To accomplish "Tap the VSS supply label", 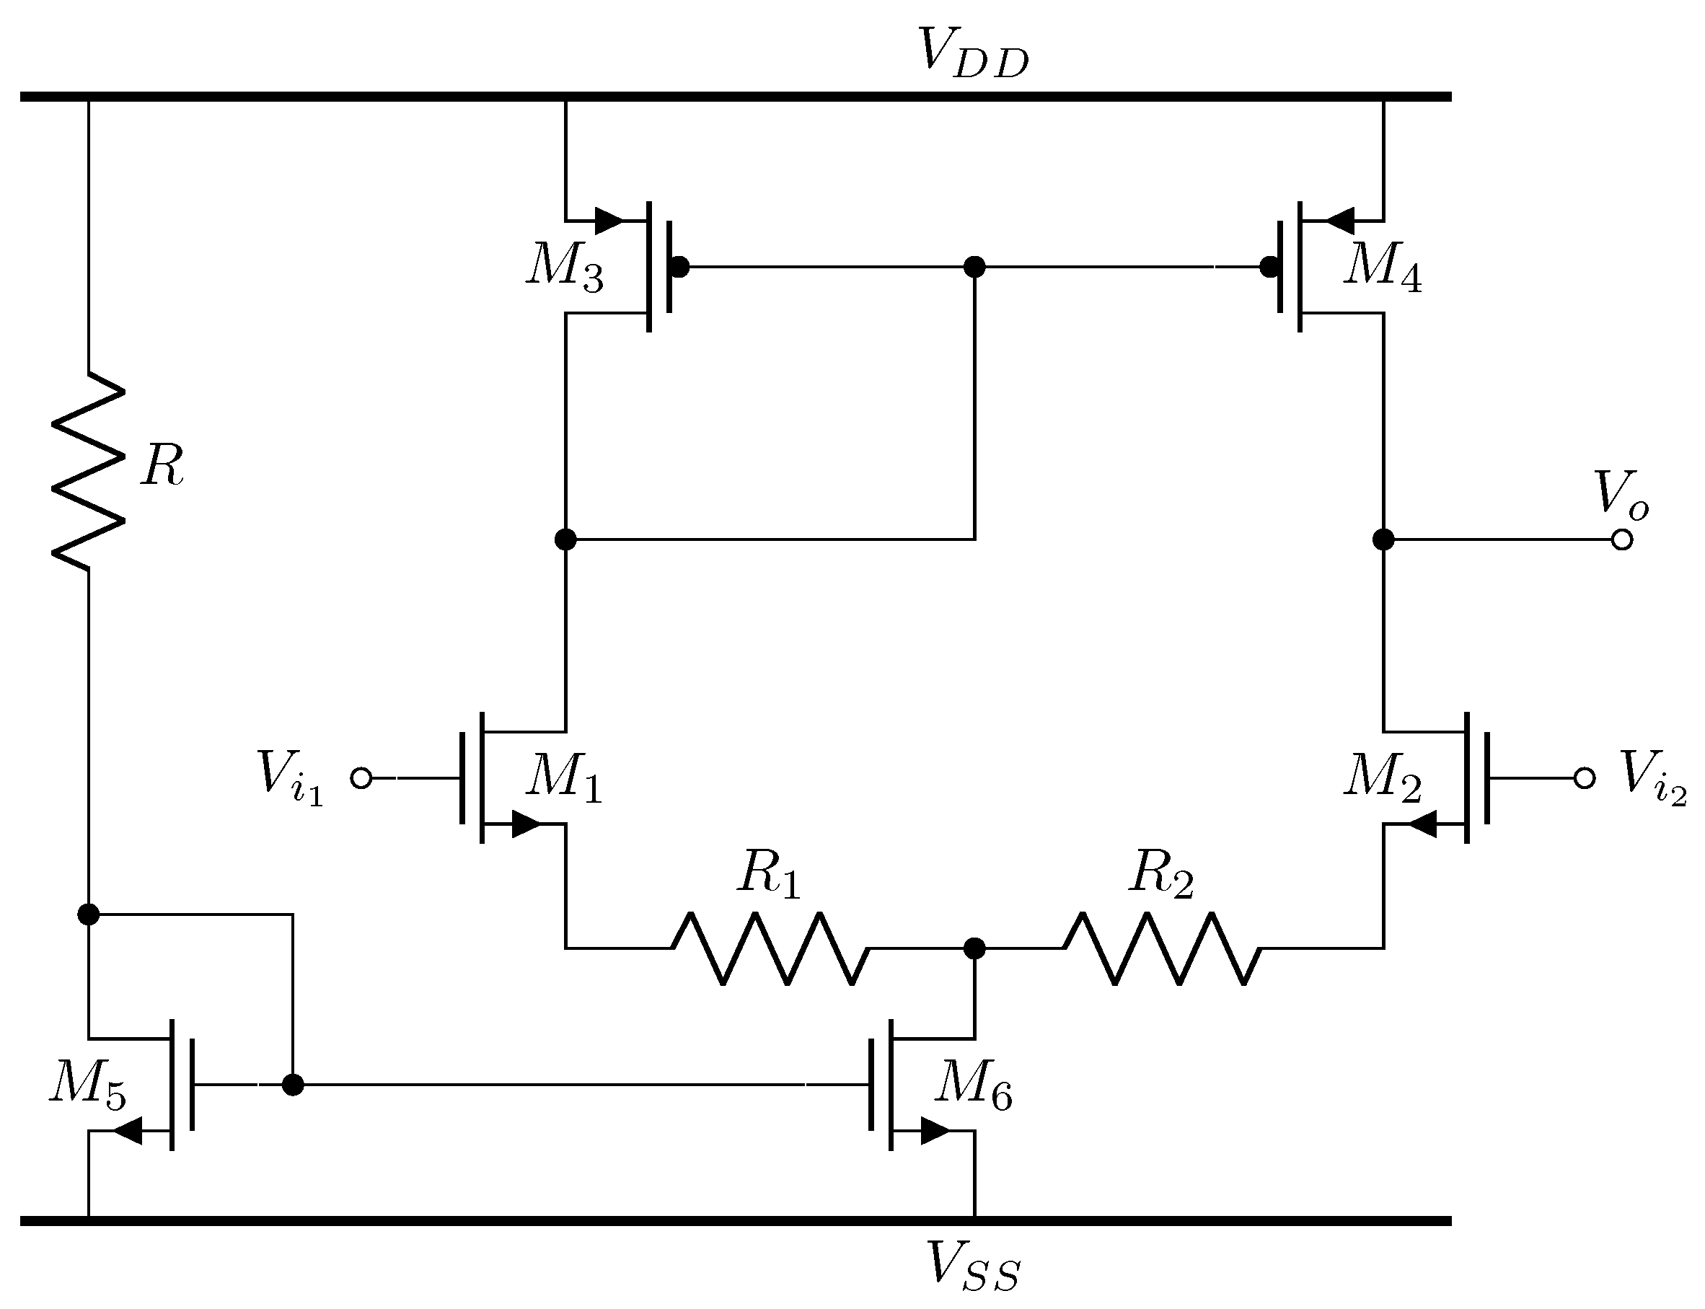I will (972, 1267).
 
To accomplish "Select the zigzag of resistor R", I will (88, 471).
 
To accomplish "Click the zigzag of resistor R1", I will (770, 948).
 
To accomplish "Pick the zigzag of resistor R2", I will (1161, 948).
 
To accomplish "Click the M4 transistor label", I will (1383, 268).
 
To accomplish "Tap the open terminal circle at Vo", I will (1621, 539).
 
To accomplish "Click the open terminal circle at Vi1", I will (361, 777).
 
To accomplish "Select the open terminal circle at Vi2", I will (1585, 777).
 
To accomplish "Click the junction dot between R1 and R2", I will (974, 948).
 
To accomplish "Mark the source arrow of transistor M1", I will (527, 824).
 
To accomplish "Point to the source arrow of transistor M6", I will (935, 1131).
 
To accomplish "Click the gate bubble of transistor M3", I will (679, 268).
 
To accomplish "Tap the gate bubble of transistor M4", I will (1269, 268).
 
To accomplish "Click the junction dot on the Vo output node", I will (1383, 539).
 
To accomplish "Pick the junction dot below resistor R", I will (89, 914).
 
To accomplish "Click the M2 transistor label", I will (1383, 777).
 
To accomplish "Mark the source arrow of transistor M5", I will (128, 1131).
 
